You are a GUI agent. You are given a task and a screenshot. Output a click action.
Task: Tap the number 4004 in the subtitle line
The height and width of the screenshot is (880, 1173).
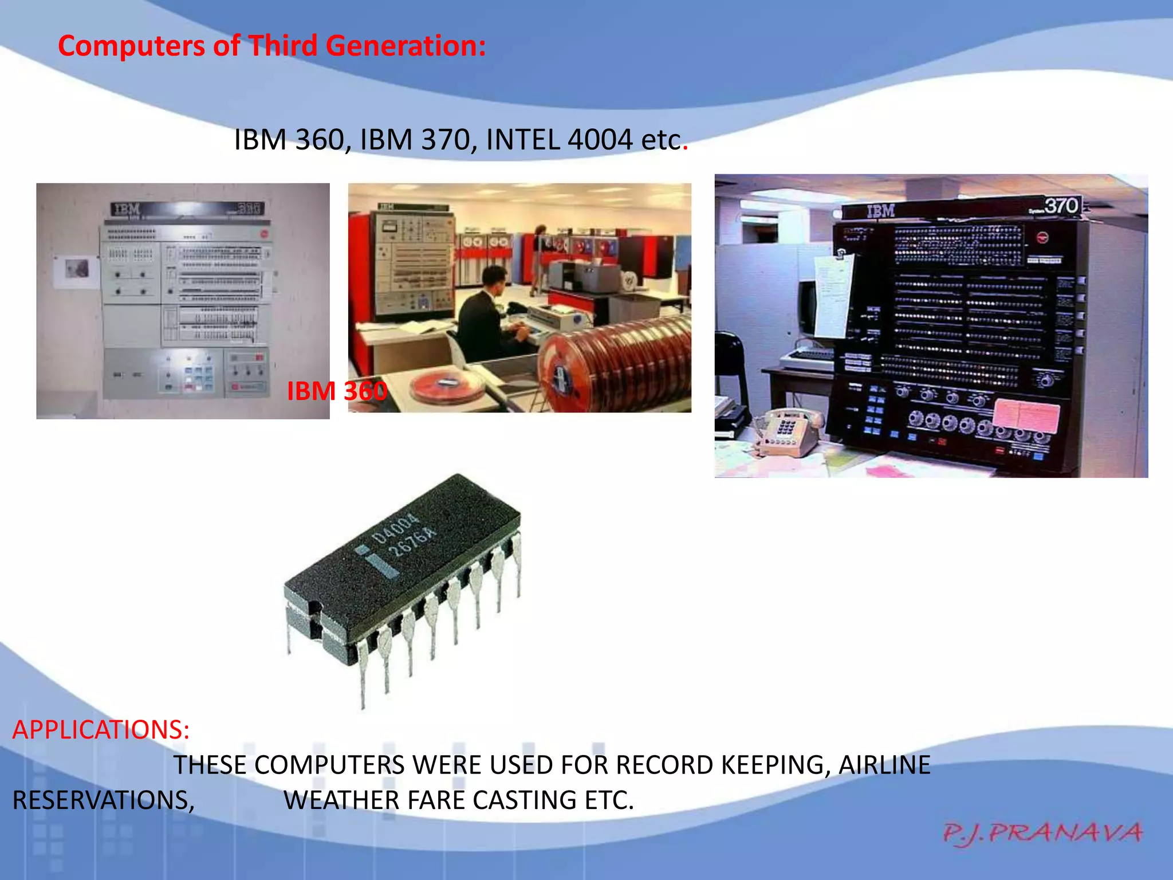point(600,140)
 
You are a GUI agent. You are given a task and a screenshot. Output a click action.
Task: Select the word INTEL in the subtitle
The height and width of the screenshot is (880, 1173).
point(522,140)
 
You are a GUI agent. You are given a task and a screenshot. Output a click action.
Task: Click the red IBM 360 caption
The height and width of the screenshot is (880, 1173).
point(337,391)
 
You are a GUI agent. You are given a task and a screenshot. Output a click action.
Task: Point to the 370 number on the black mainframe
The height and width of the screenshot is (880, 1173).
point(1061,206)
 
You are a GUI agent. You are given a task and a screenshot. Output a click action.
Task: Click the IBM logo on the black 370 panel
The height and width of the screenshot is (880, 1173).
point(880,211)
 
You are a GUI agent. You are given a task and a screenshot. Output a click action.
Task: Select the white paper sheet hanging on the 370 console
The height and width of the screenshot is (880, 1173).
point(833,296)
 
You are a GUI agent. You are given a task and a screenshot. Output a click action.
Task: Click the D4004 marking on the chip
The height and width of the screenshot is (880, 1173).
point(395,528)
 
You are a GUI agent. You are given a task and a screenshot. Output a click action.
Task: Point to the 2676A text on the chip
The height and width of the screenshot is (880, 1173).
point(412,542)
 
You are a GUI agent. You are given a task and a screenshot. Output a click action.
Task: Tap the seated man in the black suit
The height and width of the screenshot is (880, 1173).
point(487,318)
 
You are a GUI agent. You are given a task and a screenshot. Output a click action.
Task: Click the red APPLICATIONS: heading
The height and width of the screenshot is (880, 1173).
point(101,729)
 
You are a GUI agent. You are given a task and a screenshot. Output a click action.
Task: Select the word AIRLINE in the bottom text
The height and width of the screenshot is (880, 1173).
point(884,765)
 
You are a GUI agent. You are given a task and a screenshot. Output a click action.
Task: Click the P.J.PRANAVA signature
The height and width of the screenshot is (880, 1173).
point(1042,833)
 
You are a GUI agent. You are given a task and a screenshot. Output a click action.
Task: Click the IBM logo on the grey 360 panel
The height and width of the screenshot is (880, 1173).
point(125,210)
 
